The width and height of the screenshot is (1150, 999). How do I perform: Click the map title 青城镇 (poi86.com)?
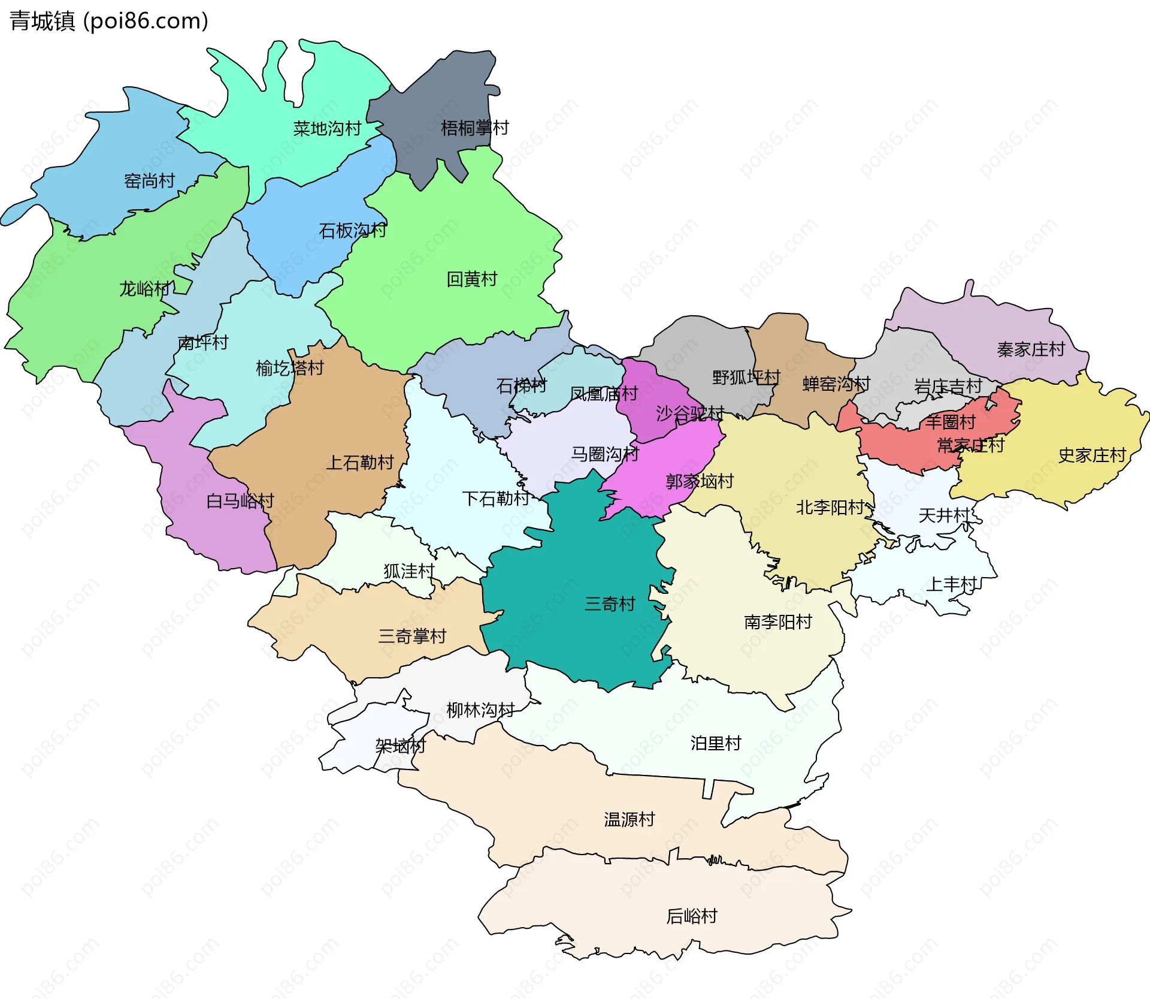pyautogui.click(x=108, y=21)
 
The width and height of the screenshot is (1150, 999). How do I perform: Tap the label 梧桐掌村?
pyautogui.click(x=474, y=128)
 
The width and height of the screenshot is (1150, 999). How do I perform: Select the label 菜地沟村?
pyautogui.click(x=327, y=128)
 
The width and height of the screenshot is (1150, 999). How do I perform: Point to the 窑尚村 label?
pyautogui.click(x=149, y=180)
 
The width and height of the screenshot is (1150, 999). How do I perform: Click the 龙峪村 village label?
pyautogui.click(x=144, y=289)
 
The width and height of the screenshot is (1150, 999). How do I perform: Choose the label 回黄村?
pyautogui.click(x=472, y=279)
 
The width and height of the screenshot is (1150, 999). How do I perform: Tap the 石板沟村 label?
pyautogui.click(x=352, y=230)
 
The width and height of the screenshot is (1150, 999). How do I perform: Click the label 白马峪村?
pyautogui.click(x=240, y=500)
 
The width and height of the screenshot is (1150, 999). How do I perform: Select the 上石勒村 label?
pyautogui.click(x=359, y=462)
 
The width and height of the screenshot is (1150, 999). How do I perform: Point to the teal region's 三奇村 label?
pyautogui.click(x=610, y=603)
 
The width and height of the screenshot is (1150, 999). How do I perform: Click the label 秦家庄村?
pyautogui.click(x=1030, y=349)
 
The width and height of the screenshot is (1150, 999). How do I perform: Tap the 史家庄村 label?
pyautogui.click(x=1092, y=455)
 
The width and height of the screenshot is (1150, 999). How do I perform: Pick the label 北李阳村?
pyautogui.click(x=830, y=508)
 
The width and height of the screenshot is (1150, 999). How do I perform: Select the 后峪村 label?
pyautogui.click(x=691, y=916)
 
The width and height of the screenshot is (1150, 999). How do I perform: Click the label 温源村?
pyautogui.click(x=629, y=819)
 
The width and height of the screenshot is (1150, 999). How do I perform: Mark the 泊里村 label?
pyautogui.click(x=716, y=743)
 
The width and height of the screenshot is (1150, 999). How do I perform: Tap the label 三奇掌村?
pyautogui.click(x=412, y=636)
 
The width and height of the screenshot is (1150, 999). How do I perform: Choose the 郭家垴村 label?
pyautogui.click(x=700, y=481)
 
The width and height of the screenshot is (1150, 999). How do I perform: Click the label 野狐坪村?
pyautogui.click(x=746, y=377)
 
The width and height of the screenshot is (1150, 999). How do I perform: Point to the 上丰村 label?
pyautogui.click(x=951, y=584)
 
